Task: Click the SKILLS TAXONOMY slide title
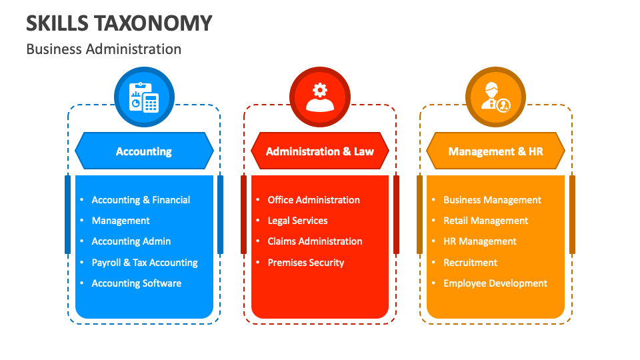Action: coord(119,23)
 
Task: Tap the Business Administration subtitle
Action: coord(103,49)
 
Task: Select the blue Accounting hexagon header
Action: coord(144,151)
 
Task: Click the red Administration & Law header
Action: coord(320,151)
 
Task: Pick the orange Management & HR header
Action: coord(495,151)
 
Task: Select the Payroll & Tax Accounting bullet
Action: coord(145,263)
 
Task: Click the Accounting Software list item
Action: coord(137,283)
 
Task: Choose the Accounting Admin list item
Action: coord(131,241)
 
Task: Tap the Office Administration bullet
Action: coord(313,200)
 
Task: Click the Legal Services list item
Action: coord(297,221)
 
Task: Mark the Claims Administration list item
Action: coord(315,241)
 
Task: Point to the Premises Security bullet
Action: coord(306,263)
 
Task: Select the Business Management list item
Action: coord(492,200)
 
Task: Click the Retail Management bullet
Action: coord(485,221)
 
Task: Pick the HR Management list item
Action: coord(480,241)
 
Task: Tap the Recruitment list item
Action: coord(470,263)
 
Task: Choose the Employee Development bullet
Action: coord(495,283)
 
